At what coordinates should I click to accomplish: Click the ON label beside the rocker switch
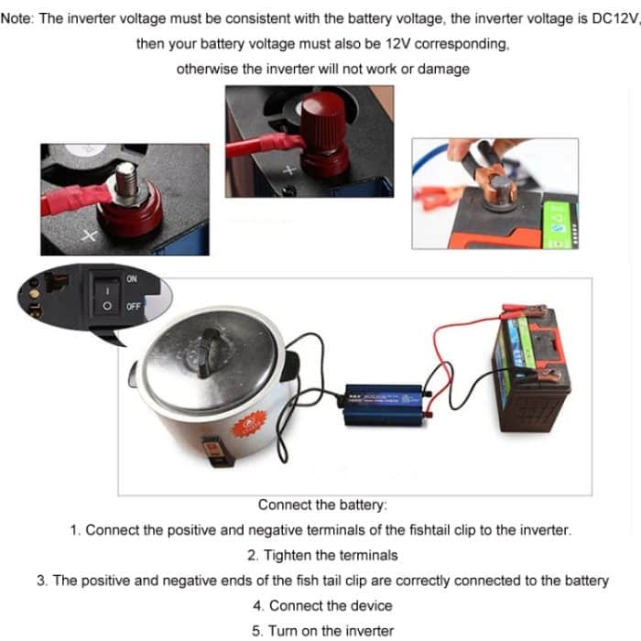(x=132, y=278)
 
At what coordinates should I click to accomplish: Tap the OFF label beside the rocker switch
(x=134, y=306)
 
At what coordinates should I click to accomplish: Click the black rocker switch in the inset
(x=107, y=293)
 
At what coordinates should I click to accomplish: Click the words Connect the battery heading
(x=322, y=505)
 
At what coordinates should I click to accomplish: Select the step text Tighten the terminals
(x=322, y=555)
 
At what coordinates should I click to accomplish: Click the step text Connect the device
(x=322, y=605)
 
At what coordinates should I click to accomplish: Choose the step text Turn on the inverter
(x=322, y=630)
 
